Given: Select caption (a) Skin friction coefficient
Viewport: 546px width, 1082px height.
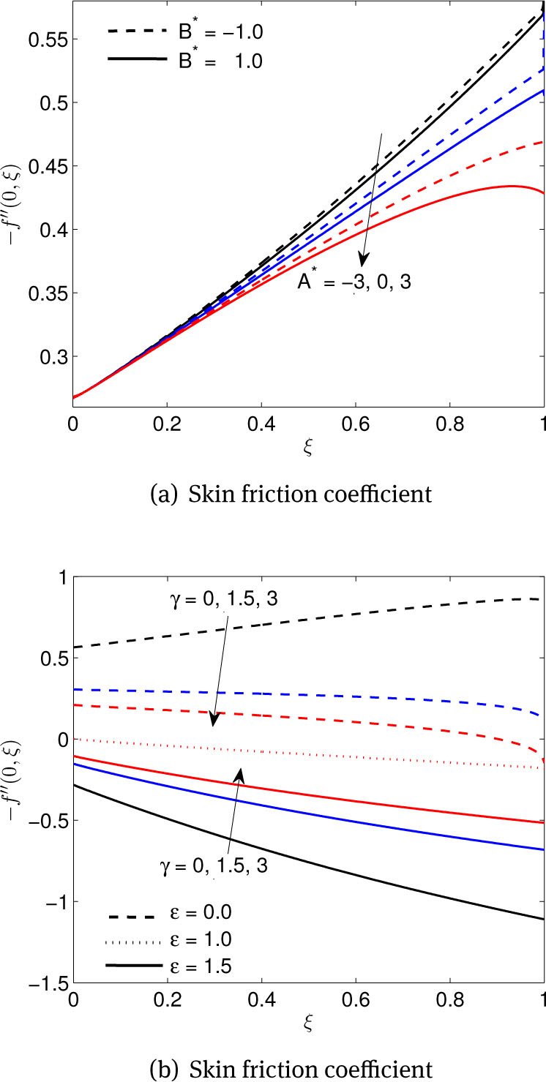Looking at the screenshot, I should pyautogui.click(x=289, y=495).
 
